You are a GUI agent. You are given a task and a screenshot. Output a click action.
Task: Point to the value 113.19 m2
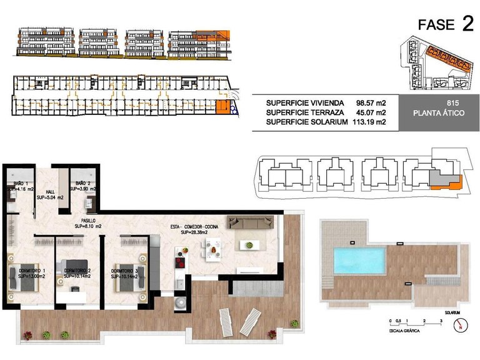click(x=371, y=122)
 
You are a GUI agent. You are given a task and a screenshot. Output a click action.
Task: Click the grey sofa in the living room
click(x=251, y=221)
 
